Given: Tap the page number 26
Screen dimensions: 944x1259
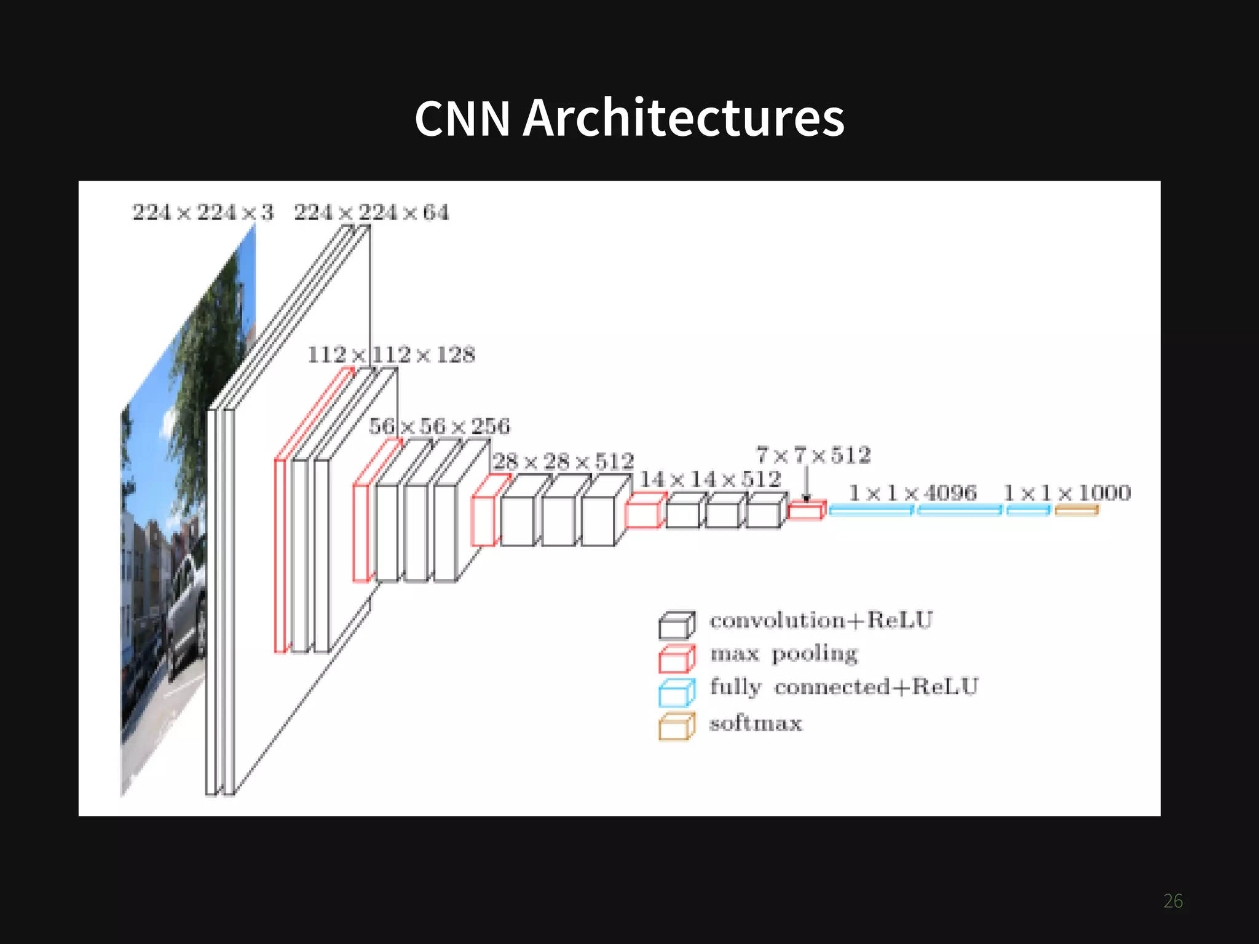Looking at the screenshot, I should pos(1173,901).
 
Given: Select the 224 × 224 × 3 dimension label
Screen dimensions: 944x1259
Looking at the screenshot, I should pos(203,213).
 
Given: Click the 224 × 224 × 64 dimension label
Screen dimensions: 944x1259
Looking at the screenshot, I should pos(371,213).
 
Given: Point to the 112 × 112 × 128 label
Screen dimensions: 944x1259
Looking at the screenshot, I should pos(392,355).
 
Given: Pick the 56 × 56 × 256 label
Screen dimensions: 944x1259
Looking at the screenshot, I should pos(440,426).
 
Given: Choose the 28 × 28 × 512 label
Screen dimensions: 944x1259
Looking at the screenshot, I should pos(563,462).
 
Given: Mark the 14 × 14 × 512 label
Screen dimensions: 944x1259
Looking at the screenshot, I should pos(711,479).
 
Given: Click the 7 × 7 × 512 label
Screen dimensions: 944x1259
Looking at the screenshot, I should pos(813,455).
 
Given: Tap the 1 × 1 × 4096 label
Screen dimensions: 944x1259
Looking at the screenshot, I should pos(913,493).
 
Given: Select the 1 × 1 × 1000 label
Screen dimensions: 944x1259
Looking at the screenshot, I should pos(1067,493).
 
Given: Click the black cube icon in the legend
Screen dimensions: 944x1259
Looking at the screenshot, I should pos(677,625).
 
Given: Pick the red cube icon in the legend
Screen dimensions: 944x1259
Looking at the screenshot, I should pos(677,658).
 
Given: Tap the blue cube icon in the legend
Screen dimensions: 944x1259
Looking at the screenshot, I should pos(677,693).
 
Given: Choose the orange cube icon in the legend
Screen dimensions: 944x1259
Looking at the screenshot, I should pos(677,726).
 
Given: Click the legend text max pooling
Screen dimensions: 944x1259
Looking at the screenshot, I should pos(784,654).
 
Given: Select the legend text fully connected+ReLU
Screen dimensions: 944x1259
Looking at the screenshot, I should pos(843,687).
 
